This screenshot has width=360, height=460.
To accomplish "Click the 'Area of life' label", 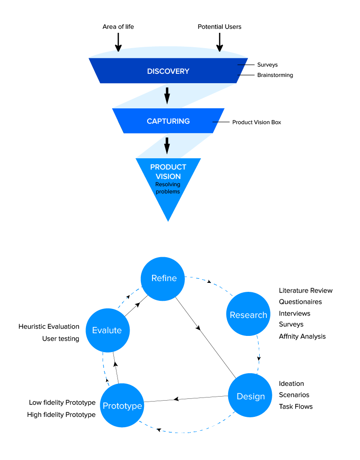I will click(x=118, y=27).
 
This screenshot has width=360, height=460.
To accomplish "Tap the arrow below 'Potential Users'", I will click(x=220, y=42).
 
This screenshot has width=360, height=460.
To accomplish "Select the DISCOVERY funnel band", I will click(x=168, y=71).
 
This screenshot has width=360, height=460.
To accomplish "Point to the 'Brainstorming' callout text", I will click(x=275, y=75).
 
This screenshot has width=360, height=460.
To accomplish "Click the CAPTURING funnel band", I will click(x=168, y=121).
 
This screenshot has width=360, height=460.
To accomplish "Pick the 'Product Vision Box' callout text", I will click(x=256, y=122).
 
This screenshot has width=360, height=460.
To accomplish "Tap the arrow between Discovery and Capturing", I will click(x=167, y=95).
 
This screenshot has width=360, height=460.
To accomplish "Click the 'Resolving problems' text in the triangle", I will click(x=168, y=188).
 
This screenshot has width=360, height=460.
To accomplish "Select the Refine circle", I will click(x=164, y=278).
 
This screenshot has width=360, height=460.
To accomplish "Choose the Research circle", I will click(x=248, y=315).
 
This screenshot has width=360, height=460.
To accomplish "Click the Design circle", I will click(x=251, y=396).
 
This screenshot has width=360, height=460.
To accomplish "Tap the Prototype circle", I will click(x=122, y=406).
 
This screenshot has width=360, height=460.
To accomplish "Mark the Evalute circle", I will click(x=107, y=330).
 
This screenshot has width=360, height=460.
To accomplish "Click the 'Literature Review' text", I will click(x=306, y=290).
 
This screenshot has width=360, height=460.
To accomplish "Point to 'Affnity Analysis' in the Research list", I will click(x=302, y=336).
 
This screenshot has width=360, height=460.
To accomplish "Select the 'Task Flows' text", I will click(x=296, y=406).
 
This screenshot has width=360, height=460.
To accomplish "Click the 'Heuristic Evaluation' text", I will click(x=49, y=326).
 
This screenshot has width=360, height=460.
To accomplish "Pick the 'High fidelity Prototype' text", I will click(x=61, y=415).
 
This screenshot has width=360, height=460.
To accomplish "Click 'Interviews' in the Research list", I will click(x=294, y=313).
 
